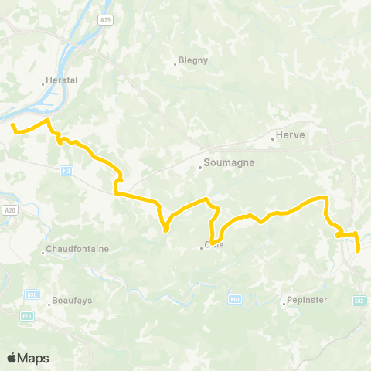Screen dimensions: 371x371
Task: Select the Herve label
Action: click(x=292, y=135)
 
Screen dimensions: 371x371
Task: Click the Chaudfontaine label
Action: click(x=78, y=250)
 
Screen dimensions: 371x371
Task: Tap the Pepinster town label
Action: click(x=307, y=300)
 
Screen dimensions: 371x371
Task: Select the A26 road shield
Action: click(x=10, y=209)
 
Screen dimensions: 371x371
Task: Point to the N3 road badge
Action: click(x=67, y=169)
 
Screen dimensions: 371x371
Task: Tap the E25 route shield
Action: click(x=28, y=315)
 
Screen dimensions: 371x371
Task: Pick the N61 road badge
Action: click(x=235, y=298)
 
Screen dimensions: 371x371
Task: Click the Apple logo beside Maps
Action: click(x=12, y=358)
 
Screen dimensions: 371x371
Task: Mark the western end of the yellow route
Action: click(x=12, y=124)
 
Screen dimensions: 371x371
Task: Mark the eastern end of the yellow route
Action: click(x=359, y=250)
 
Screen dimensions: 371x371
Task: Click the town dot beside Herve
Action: click(x=274, y=139)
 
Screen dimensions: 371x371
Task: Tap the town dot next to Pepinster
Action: click(x=284, y=304)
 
